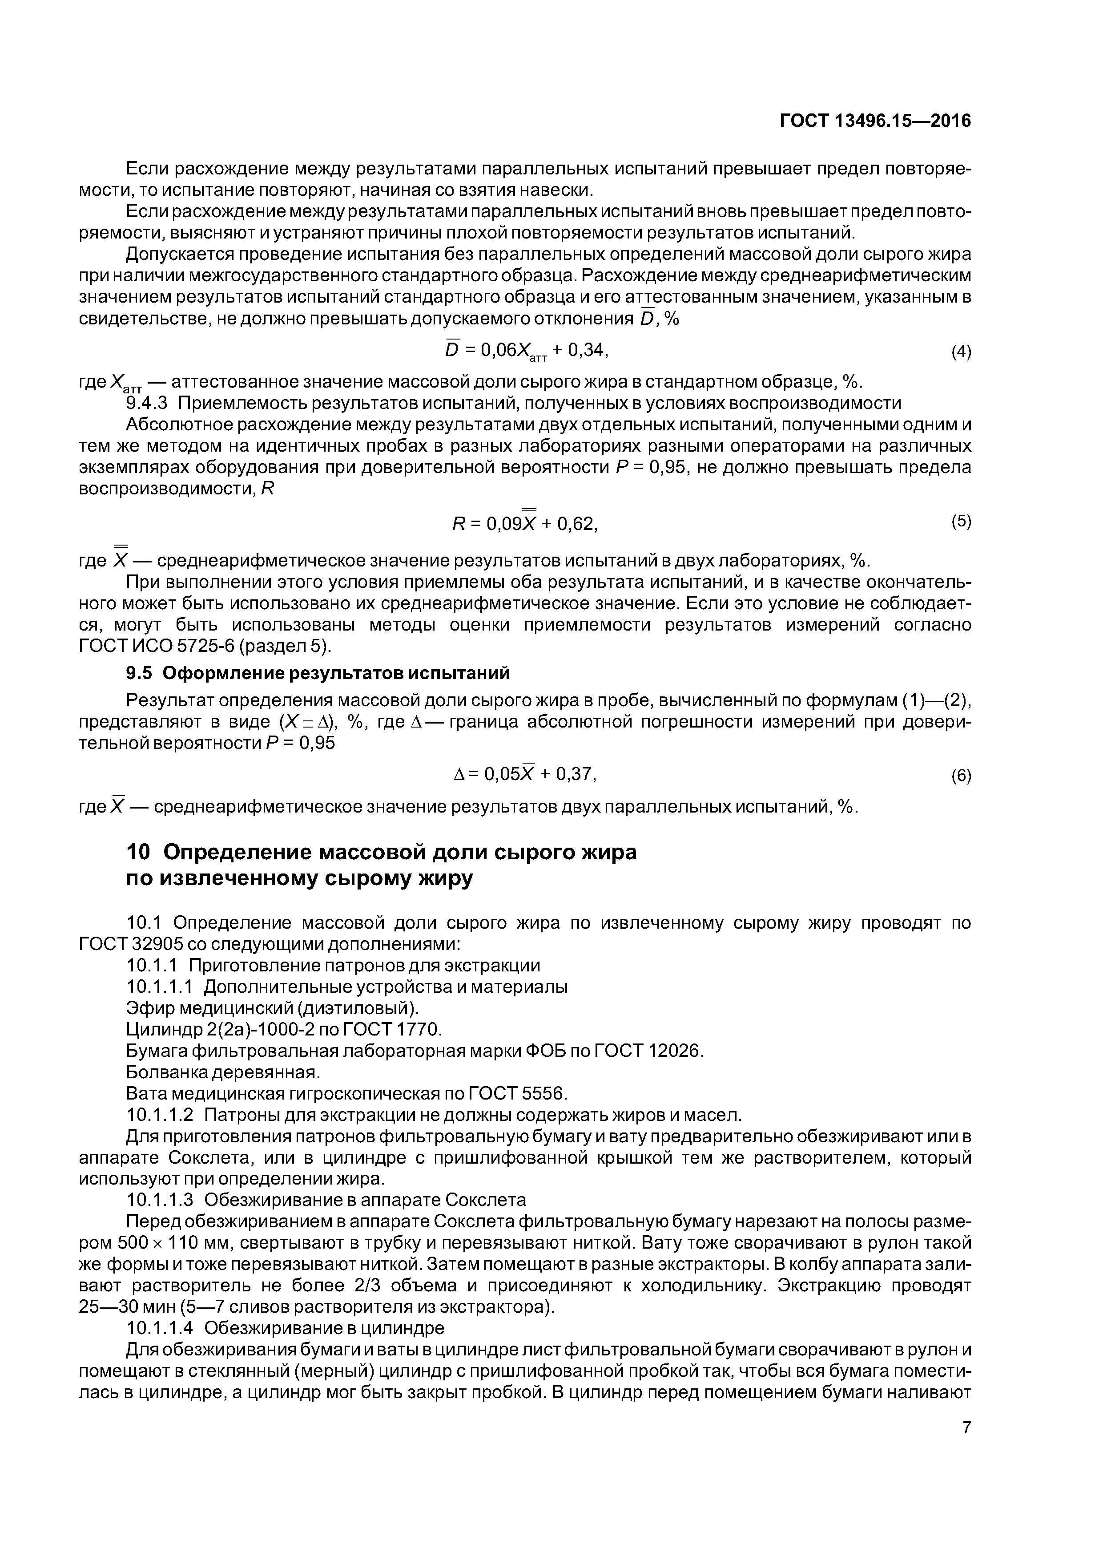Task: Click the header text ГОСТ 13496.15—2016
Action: tap(875, 121)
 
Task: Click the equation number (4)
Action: tap(960, 352)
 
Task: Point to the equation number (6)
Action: tap(960, 776)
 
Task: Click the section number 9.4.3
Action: tap(146, 403)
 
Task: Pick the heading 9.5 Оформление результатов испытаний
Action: tap(318, 673)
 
